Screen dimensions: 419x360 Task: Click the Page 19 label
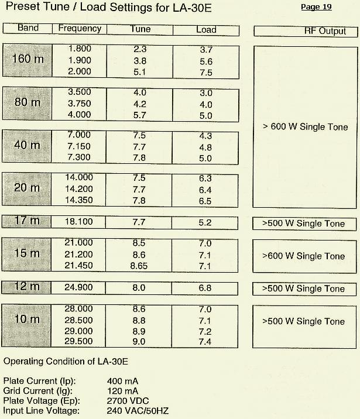[316, 7]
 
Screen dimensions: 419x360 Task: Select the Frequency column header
[80, 29]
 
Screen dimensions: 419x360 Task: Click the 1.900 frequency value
[80, 60]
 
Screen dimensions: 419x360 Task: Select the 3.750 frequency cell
[80, 104]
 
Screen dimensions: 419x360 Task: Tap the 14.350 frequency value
[80, 200]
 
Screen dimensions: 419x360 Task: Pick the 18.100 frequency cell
[80, 222]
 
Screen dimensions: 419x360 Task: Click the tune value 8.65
[140, 266]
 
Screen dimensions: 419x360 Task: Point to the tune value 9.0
[139, 342]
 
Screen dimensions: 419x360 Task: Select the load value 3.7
[206, 50]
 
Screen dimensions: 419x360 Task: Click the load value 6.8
[205, 289]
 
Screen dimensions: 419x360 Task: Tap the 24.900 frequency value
[80, 288]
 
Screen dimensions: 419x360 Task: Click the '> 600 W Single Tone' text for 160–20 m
[305, 127]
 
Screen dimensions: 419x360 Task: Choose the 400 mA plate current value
[124, 381]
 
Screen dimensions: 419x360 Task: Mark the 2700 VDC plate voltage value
[129, 401]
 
